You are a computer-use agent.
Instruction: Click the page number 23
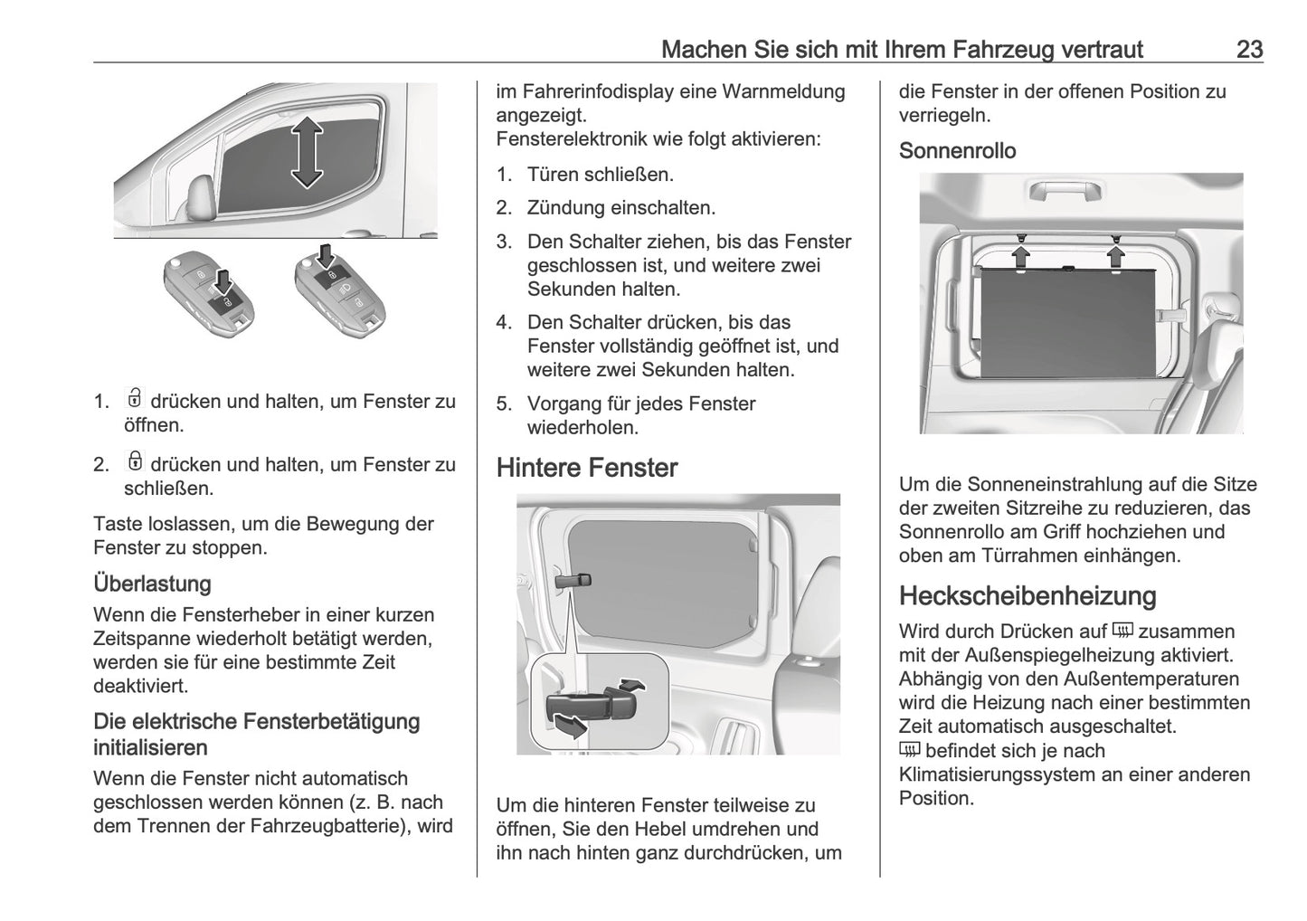(1249, 49)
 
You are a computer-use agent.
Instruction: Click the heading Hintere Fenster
(586, 468)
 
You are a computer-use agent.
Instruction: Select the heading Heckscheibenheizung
(1028, 595)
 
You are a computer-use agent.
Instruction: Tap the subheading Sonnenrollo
(957, 151)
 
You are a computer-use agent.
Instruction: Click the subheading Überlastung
(152, 584)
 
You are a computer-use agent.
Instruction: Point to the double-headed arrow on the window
(307, 151)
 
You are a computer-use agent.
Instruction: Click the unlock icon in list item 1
(135, 399)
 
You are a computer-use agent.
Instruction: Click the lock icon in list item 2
(135, 462)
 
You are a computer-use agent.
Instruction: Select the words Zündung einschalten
(620, 208)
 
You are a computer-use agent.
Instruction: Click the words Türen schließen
(601, 175)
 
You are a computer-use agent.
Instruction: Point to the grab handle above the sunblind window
(1065, 190)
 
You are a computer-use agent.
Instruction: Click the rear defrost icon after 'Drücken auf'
(1122, 631)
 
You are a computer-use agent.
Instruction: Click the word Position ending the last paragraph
(936, 798)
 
